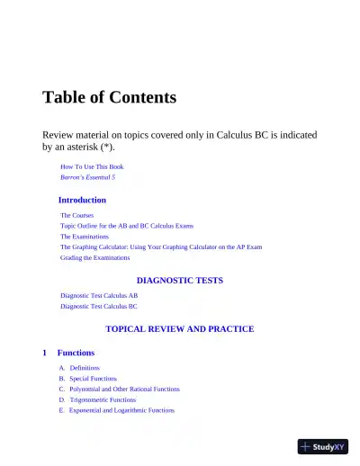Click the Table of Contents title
pyautogui.click(x=109, y=97)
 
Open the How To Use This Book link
pyautogui.click(x=92, y=167)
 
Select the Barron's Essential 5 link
pyautogui.click(x=87, y=178)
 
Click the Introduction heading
pyautogui.click(x=82, y=200)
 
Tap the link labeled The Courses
pyautogui.click(x=76, y=216)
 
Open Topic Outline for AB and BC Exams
pyautogui.click(x=127, y=226)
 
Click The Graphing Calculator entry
pyautogui.click(x=161, y=246)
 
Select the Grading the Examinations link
pyautogui.click(x=95, y=257)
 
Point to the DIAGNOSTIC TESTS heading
pyautogui.click(x=179, y=280)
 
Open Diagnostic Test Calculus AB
pyautogui.click(x=99, y=295)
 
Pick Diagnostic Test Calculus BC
pyautogui.click(x=99, y=306)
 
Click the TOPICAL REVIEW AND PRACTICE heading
pyautogui.click(x=179, y=329)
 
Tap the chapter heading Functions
pyautogui.click(x=76, y=353)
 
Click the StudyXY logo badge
pyautogui.click(x=323, y=446)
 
